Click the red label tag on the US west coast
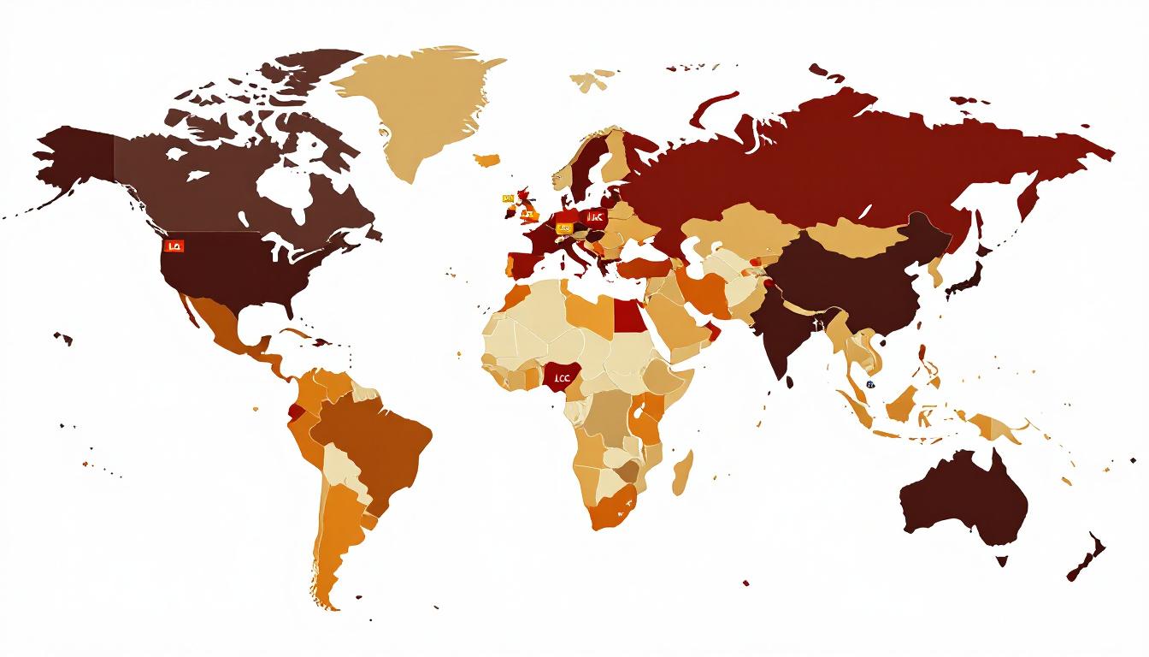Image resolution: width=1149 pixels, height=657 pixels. pyautogui.click(x=174, y=246)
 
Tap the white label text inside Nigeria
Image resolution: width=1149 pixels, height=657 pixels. pyautogui.click(x=562, y=376)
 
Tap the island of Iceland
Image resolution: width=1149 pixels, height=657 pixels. pyautogui.click(x=486, y=159)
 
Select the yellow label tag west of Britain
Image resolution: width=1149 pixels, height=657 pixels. pyautogui.click(x=507, y=198)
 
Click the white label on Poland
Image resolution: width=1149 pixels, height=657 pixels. pyautogui.click(x=595, y=217)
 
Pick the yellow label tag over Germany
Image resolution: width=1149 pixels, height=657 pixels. pyautogui.click(x=563, y=228)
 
